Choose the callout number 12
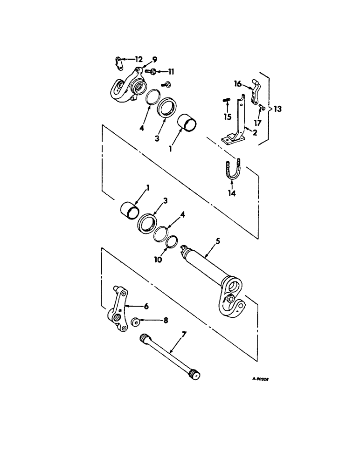139,59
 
